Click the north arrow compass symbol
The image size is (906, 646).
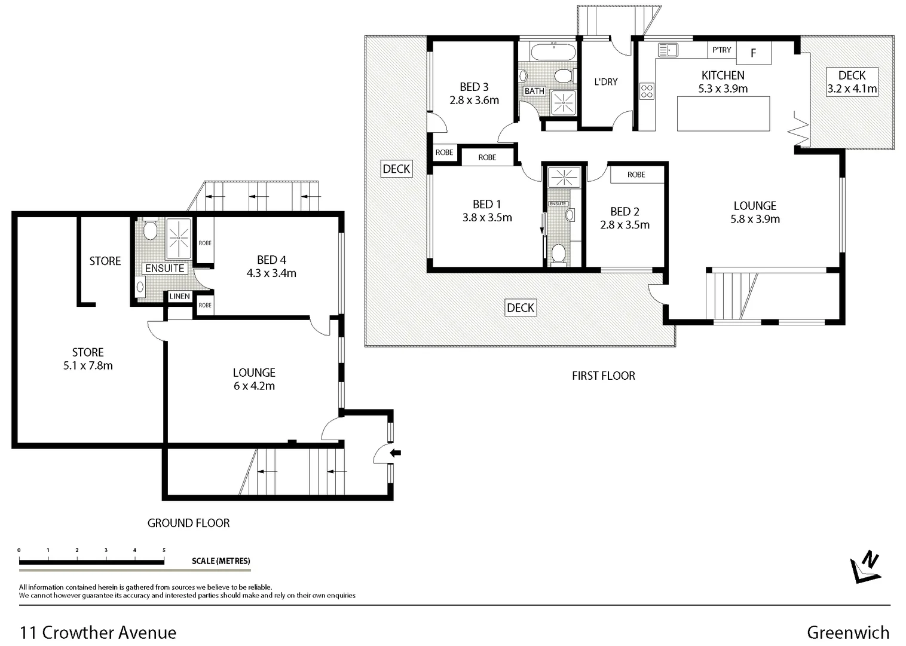click(x=864, y=567)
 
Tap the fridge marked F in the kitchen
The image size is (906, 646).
click(x=753, y=53)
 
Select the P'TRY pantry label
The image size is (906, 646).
click(x=721, y=50)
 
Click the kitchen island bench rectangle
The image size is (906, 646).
click(x=723, y=114)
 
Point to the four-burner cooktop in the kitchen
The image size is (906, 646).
click(x=647, y=91)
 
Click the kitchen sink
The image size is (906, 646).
click(x=668, y=50)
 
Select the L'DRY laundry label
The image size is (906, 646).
click(x=605, y=82)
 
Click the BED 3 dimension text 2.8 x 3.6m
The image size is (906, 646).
click(x=474, y=100)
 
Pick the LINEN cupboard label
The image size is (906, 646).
click(x=179, y=296)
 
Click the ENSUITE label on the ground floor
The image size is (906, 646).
click(x=165, y=269)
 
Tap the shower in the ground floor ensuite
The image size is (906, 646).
click(x=178, y=237)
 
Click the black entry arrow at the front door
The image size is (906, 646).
click(x=396, y=453)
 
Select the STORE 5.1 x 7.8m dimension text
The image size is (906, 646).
click(x=88, y=365)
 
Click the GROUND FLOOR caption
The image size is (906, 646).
click(x=188, y=523)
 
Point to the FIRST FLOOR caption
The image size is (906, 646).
click(x=603, y=376)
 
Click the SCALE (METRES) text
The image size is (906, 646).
click(x=221, y=561)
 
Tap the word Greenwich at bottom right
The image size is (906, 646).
click(x=847, y=632)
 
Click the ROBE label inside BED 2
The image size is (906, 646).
click(x=636, y=175)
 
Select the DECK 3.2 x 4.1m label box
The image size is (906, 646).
click(x=852, y=82)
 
